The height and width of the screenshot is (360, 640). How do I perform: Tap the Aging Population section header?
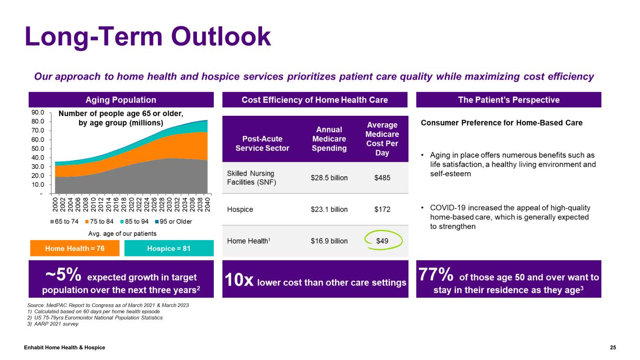(121, 100)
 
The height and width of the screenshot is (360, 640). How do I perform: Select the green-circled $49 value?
(383, 241)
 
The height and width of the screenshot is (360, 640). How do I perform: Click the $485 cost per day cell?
(382, 178)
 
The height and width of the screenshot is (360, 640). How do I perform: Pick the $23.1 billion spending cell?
(329, 210)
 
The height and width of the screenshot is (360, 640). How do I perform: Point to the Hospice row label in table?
(240, 210)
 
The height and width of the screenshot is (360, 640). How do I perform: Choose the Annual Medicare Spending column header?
(329, 139)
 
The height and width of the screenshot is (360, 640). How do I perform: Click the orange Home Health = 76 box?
(75, 248)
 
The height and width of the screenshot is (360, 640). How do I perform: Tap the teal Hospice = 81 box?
(169, 248)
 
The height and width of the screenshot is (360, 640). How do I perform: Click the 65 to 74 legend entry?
(65, 221)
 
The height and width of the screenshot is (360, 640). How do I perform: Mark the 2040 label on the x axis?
(207, 203)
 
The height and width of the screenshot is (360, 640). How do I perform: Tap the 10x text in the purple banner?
(240, 282)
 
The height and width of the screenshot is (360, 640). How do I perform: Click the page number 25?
(613, 347)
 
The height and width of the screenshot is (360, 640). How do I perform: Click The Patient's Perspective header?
(508, 100)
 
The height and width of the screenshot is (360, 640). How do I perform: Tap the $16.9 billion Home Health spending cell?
(329, 241)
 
